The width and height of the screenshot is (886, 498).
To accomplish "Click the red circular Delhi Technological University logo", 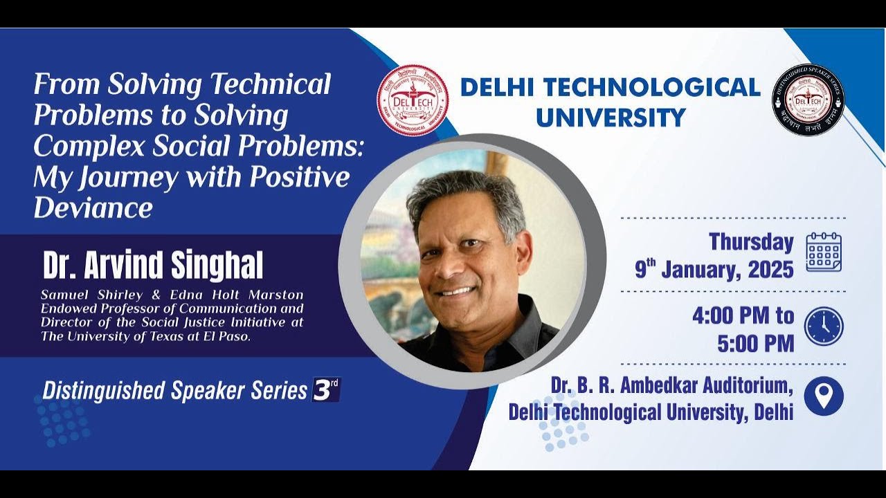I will click(413, 100).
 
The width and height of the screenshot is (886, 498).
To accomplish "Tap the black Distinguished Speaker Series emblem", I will click(808, 100).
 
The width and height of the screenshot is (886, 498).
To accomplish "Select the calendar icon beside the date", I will click(824, 252).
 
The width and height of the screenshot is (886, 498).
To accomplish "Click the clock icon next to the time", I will click(824, 326).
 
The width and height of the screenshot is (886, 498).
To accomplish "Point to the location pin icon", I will click(824, 396).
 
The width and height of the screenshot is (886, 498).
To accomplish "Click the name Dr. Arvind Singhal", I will click(153, 265).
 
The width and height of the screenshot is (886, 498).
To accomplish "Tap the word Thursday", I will click(751, 242).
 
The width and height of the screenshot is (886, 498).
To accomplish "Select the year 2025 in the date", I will click(768, 270).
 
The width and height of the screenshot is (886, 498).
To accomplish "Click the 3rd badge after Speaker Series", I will click(326, 389).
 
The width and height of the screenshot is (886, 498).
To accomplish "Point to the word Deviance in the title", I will click(93, 207).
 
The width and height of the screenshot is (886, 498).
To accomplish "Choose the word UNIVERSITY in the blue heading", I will click(611, 117).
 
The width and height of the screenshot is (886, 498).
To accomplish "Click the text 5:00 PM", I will click(756, 344).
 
